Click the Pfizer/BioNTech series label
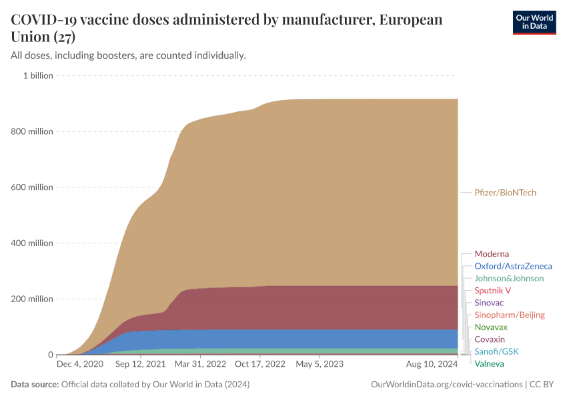(505, 193)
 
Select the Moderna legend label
(492, 254)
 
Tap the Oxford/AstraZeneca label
(513, 266)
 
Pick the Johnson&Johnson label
(509, 278)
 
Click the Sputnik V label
(492, 291)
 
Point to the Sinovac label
(490, 303)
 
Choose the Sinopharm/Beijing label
(510, 315)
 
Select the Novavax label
(491, 327)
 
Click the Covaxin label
(490, 339)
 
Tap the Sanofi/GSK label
(496, 351)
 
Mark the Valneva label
(489, 363)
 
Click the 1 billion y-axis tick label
(38, 75)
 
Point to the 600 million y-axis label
(32, 187)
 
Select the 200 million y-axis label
(32, 299)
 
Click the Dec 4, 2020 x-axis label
(79, 365)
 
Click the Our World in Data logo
(534, 22)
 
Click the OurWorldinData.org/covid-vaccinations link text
(446, 385)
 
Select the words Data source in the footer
(35, 385)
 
